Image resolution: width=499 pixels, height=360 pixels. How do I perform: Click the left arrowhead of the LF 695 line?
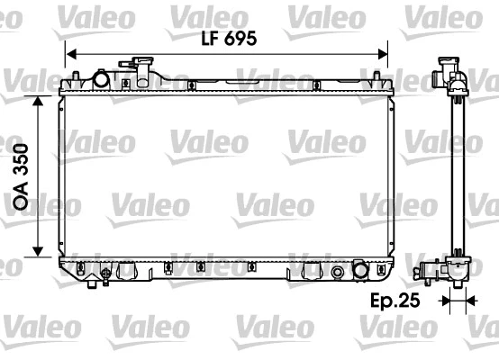[x=73, y=52]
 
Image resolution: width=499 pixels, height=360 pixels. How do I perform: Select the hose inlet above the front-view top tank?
[x=142, y=68]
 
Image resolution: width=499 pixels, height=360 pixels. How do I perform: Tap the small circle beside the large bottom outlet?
[x=338, y=273]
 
